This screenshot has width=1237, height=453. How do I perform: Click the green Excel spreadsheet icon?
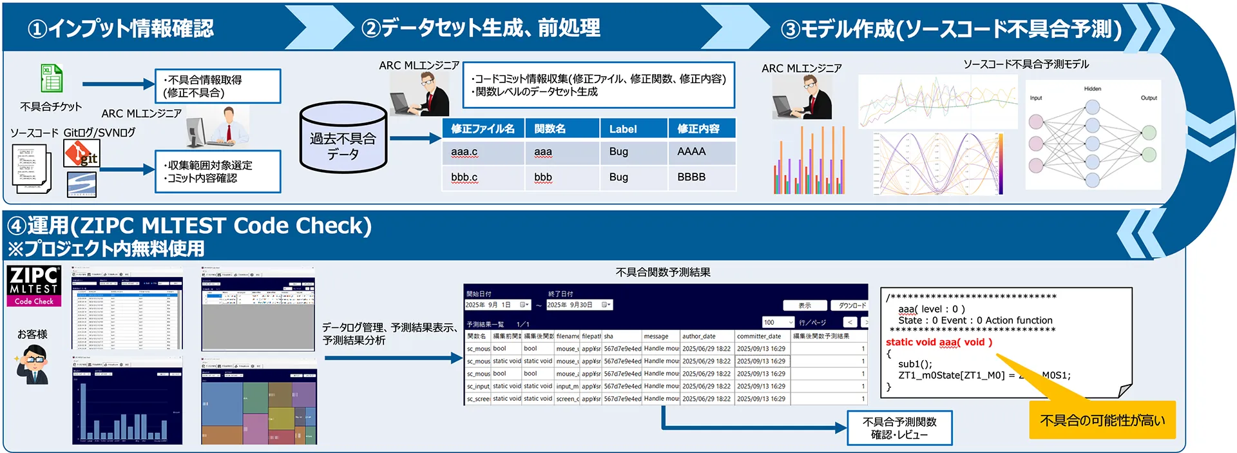[52, 79]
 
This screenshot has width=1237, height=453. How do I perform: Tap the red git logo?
[81, 153]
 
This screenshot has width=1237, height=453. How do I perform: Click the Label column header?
[622, 129]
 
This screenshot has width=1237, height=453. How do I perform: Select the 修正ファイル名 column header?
[483, 129]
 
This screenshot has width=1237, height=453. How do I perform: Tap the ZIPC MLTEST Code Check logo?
[34, 285]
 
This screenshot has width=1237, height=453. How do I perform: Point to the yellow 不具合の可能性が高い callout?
[1102, 420]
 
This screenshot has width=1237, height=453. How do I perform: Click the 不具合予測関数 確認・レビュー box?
[899, 428]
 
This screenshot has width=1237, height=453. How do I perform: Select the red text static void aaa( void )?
[938, 342]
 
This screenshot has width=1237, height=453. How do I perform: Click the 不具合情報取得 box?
[218, 86]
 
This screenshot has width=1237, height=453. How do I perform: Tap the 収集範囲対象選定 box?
[218, 171]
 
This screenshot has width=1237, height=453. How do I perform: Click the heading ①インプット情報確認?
[120, 28]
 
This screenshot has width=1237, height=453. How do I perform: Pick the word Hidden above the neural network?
[1092, 89]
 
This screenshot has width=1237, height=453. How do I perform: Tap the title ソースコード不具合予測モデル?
[1026, 64]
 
